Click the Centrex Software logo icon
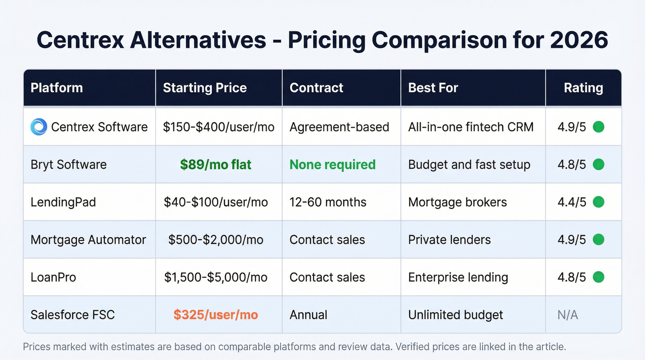39,127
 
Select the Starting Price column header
205,88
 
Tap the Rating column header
583,88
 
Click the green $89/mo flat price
216,165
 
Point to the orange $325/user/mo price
216,315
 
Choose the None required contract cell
332,165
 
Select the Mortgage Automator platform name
88,240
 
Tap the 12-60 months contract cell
328,202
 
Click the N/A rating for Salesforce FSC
568,315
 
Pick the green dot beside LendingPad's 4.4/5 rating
598,202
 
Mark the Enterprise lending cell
458,277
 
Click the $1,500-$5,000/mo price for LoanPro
216,277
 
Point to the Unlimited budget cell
455,315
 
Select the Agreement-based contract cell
339,127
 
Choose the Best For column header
433,88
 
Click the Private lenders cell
449,240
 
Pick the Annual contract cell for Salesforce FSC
308,315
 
